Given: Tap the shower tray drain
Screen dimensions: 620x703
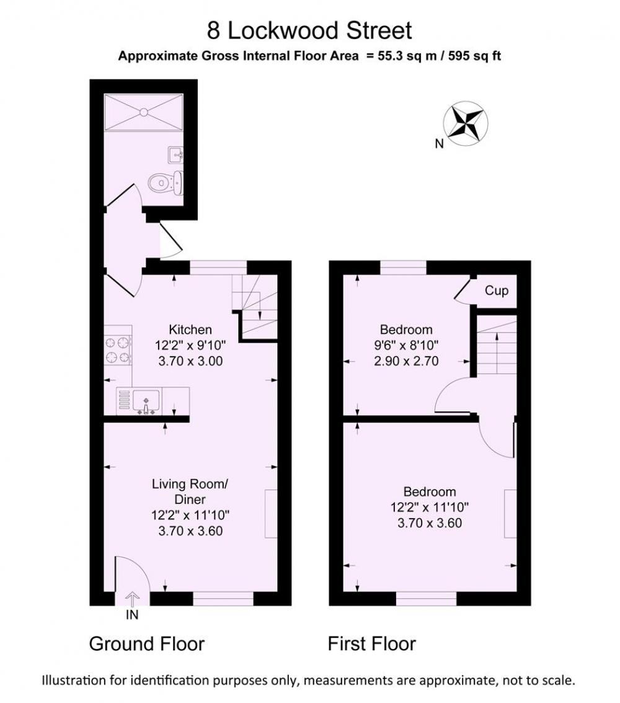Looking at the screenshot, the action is point(144,112).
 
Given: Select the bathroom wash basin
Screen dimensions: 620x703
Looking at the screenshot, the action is point(175,154).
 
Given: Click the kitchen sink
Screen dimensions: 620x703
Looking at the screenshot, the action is point(146,400).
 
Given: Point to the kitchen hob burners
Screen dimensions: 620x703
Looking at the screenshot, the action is point(118,351).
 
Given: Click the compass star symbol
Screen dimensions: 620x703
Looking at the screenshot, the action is point(466,123).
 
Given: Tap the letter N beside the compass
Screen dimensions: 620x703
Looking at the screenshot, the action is point(440,144).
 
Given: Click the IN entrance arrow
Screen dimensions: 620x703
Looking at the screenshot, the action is point(132,599).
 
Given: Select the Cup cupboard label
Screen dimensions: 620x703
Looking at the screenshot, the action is point(497,291).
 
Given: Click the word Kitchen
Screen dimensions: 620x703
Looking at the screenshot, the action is point(190,329).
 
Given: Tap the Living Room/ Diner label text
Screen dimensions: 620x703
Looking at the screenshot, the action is point(190,492).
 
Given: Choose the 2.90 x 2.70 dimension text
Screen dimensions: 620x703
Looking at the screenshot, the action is point(406,361).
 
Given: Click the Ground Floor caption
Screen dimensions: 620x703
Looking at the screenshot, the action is point(147,644).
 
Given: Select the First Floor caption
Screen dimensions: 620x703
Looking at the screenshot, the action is point(372,644).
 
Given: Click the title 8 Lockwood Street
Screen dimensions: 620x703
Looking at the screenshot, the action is point(309,30).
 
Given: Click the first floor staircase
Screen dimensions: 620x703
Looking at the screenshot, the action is point(497,346).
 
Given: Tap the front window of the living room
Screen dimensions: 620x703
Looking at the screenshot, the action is point(223,599).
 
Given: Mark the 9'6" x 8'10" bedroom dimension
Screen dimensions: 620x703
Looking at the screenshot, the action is point(406,345).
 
